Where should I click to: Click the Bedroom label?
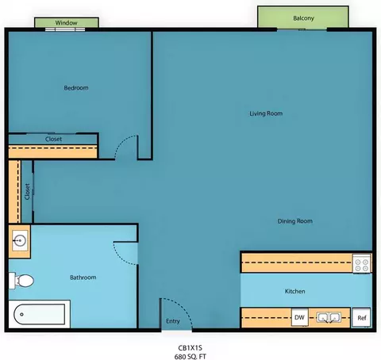76,88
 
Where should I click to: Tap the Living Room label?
266,113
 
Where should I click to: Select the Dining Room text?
294,221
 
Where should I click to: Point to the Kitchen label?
294,291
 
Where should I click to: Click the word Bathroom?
83,278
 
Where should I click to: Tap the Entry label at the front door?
173,321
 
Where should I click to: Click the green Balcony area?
303,17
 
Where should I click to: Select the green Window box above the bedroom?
67,22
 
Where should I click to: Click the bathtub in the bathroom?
40,314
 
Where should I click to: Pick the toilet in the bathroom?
21,281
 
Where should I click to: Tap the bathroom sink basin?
20,241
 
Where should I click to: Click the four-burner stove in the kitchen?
361,263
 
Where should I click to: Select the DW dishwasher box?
299,317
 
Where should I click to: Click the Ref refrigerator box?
361,318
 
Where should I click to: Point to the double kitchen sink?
329,317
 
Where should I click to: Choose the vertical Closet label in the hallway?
27,192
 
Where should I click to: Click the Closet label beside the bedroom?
53,139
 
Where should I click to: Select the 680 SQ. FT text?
190,357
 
